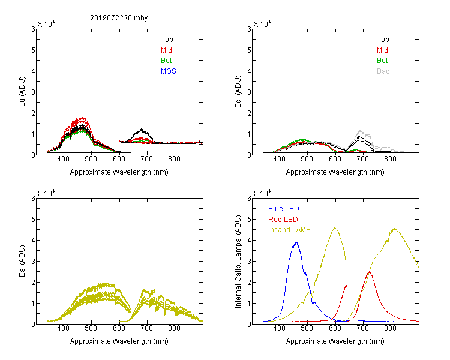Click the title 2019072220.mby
coord(119,18)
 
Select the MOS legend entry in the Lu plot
coord(169,71)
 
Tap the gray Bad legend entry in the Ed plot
coord(383,71)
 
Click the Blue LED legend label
coord(284,209)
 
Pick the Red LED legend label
coord(283,220)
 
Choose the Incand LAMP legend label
coord(289,230)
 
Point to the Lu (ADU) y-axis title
coord(22,92)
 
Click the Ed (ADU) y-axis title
coord(238,92)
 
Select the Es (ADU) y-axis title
coord(22,261)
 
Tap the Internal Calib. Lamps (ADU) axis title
coord(238,262)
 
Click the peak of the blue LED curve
coord(296,242)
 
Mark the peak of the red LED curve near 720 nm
coord(370,272)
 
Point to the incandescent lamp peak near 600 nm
coord(335,228)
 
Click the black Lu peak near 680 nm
coord(141,129)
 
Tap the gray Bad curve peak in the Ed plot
coord(359,131)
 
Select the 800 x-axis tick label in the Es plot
coord(174,328)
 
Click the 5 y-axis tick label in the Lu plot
coord(33,50)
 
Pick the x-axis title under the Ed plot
coord(335,172)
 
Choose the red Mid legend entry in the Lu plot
coord(166,50)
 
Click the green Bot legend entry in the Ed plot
coord(382,61)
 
